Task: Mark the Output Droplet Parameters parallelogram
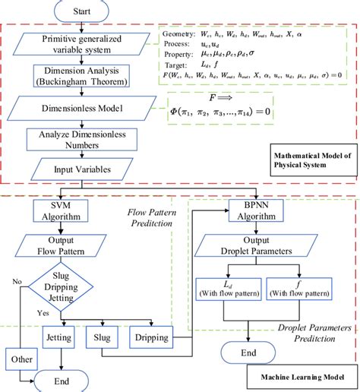(x=251, y=248)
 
